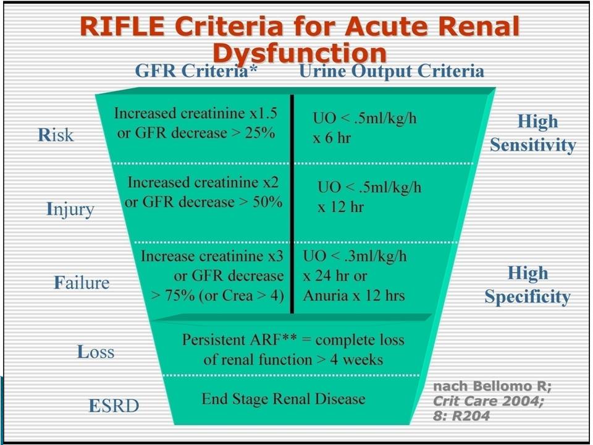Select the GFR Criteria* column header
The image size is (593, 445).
point(196,70)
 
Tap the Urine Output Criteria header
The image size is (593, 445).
point(392,71)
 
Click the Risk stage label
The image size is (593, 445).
point(56,135)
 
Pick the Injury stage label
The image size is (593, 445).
point(70,210)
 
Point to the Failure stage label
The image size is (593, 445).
point(82,282)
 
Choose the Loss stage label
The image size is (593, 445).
point(96,352)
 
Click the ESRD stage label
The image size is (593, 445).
point(114,405)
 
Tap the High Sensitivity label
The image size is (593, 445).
point(533,133)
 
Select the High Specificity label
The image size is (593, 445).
point(528,284)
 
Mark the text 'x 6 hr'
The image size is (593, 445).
point(332,138)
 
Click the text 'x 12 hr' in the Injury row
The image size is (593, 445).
point(340,207)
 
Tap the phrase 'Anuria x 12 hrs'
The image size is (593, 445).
point(354,295)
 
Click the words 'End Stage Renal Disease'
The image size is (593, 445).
point(284,399)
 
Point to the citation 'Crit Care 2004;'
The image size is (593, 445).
point(488,400)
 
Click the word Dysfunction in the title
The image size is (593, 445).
point(300,53)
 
